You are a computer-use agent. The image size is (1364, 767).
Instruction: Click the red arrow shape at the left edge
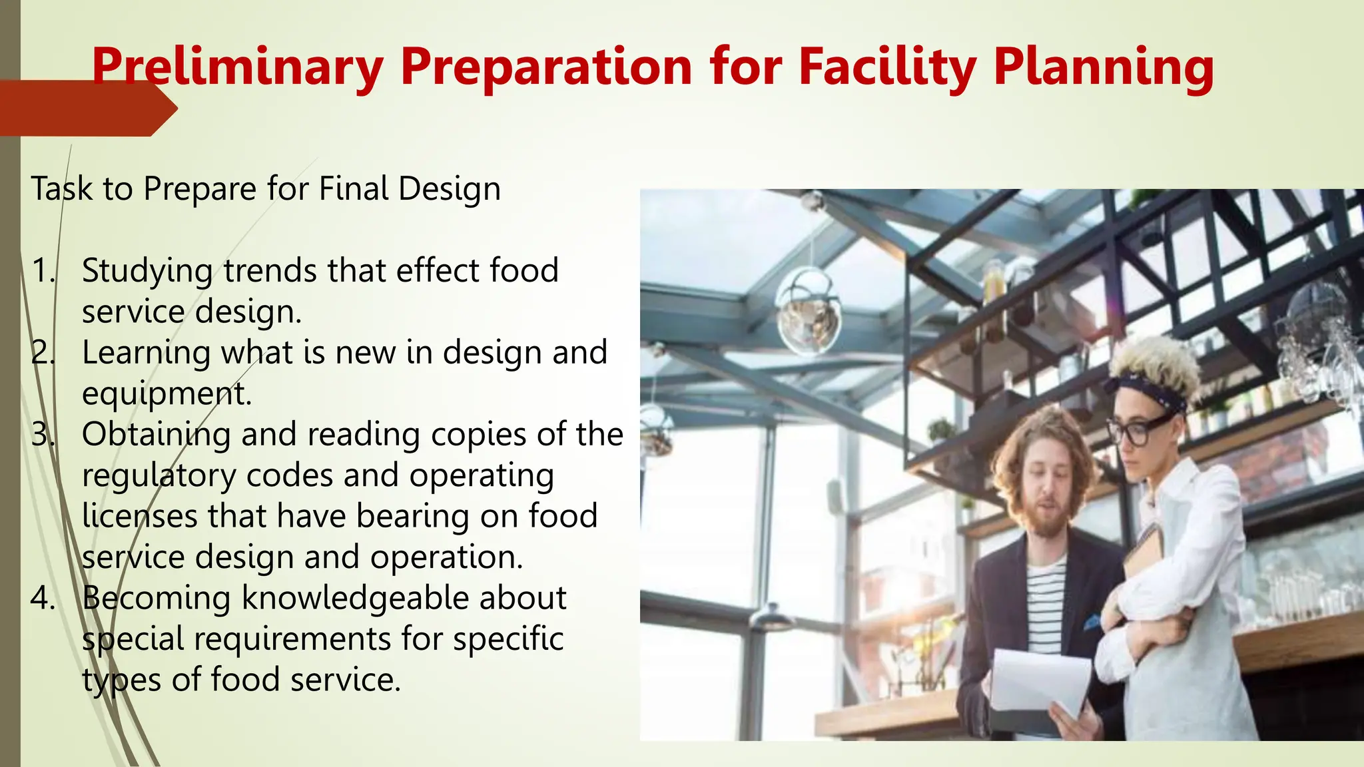[87, 109]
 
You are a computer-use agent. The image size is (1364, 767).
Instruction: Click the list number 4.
[43, 598]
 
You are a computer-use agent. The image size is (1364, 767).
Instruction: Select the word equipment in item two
[167, 394]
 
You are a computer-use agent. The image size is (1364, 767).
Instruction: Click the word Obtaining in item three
[156, 435]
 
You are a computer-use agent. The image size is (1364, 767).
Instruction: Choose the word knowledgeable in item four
[356, 598]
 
